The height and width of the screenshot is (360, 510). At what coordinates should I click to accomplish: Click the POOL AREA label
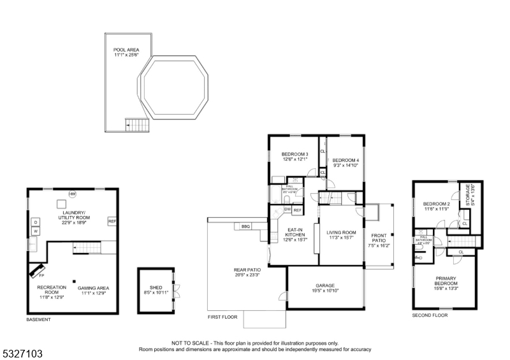[x=126, y=52]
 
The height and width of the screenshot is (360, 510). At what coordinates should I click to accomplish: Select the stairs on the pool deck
[x=136, y=125]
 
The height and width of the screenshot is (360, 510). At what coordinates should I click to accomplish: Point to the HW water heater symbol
[x=72, y=194]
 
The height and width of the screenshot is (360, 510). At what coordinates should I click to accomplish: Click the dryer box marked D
[x=36, y=222]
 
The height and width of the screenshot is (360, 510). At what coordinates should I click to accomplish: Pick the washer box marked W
[x=36, y=231]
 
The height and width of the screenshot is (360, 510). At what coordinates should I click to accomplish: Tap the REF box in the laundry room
[x=112, y=221]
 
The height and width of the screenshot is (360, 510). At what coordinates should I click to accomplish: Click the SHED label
[x=156, y=287]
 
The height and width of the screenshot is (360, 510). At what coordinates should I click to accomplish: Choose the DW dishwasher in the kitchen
[x=288, y=209]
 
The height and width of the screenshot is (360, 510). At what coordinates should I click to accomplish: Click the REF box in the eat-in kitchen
[x=298, y=209]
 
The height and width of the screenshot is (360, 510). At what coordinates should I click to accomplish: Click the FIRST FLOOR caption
[x=222, y=317]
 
